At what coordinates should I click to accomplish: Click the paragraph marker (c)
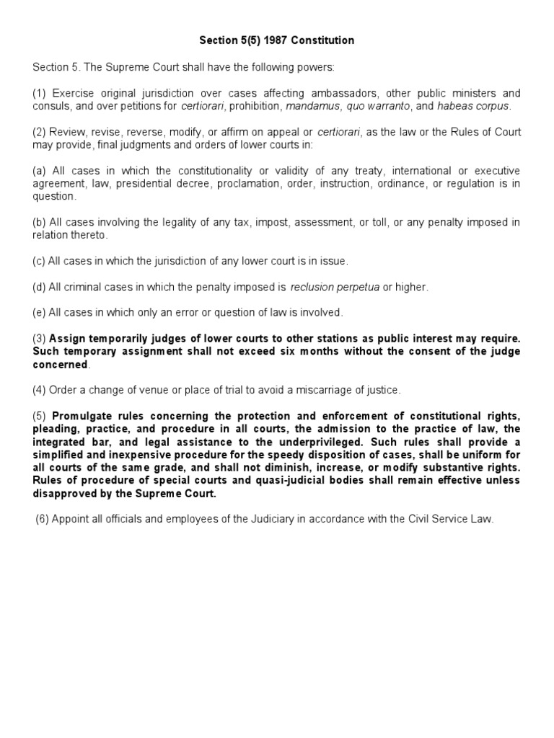(39, 260)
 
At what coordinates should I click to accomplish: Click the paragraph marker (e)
(39, 313)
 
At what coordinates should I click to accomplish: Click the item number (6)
(43, 520)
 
